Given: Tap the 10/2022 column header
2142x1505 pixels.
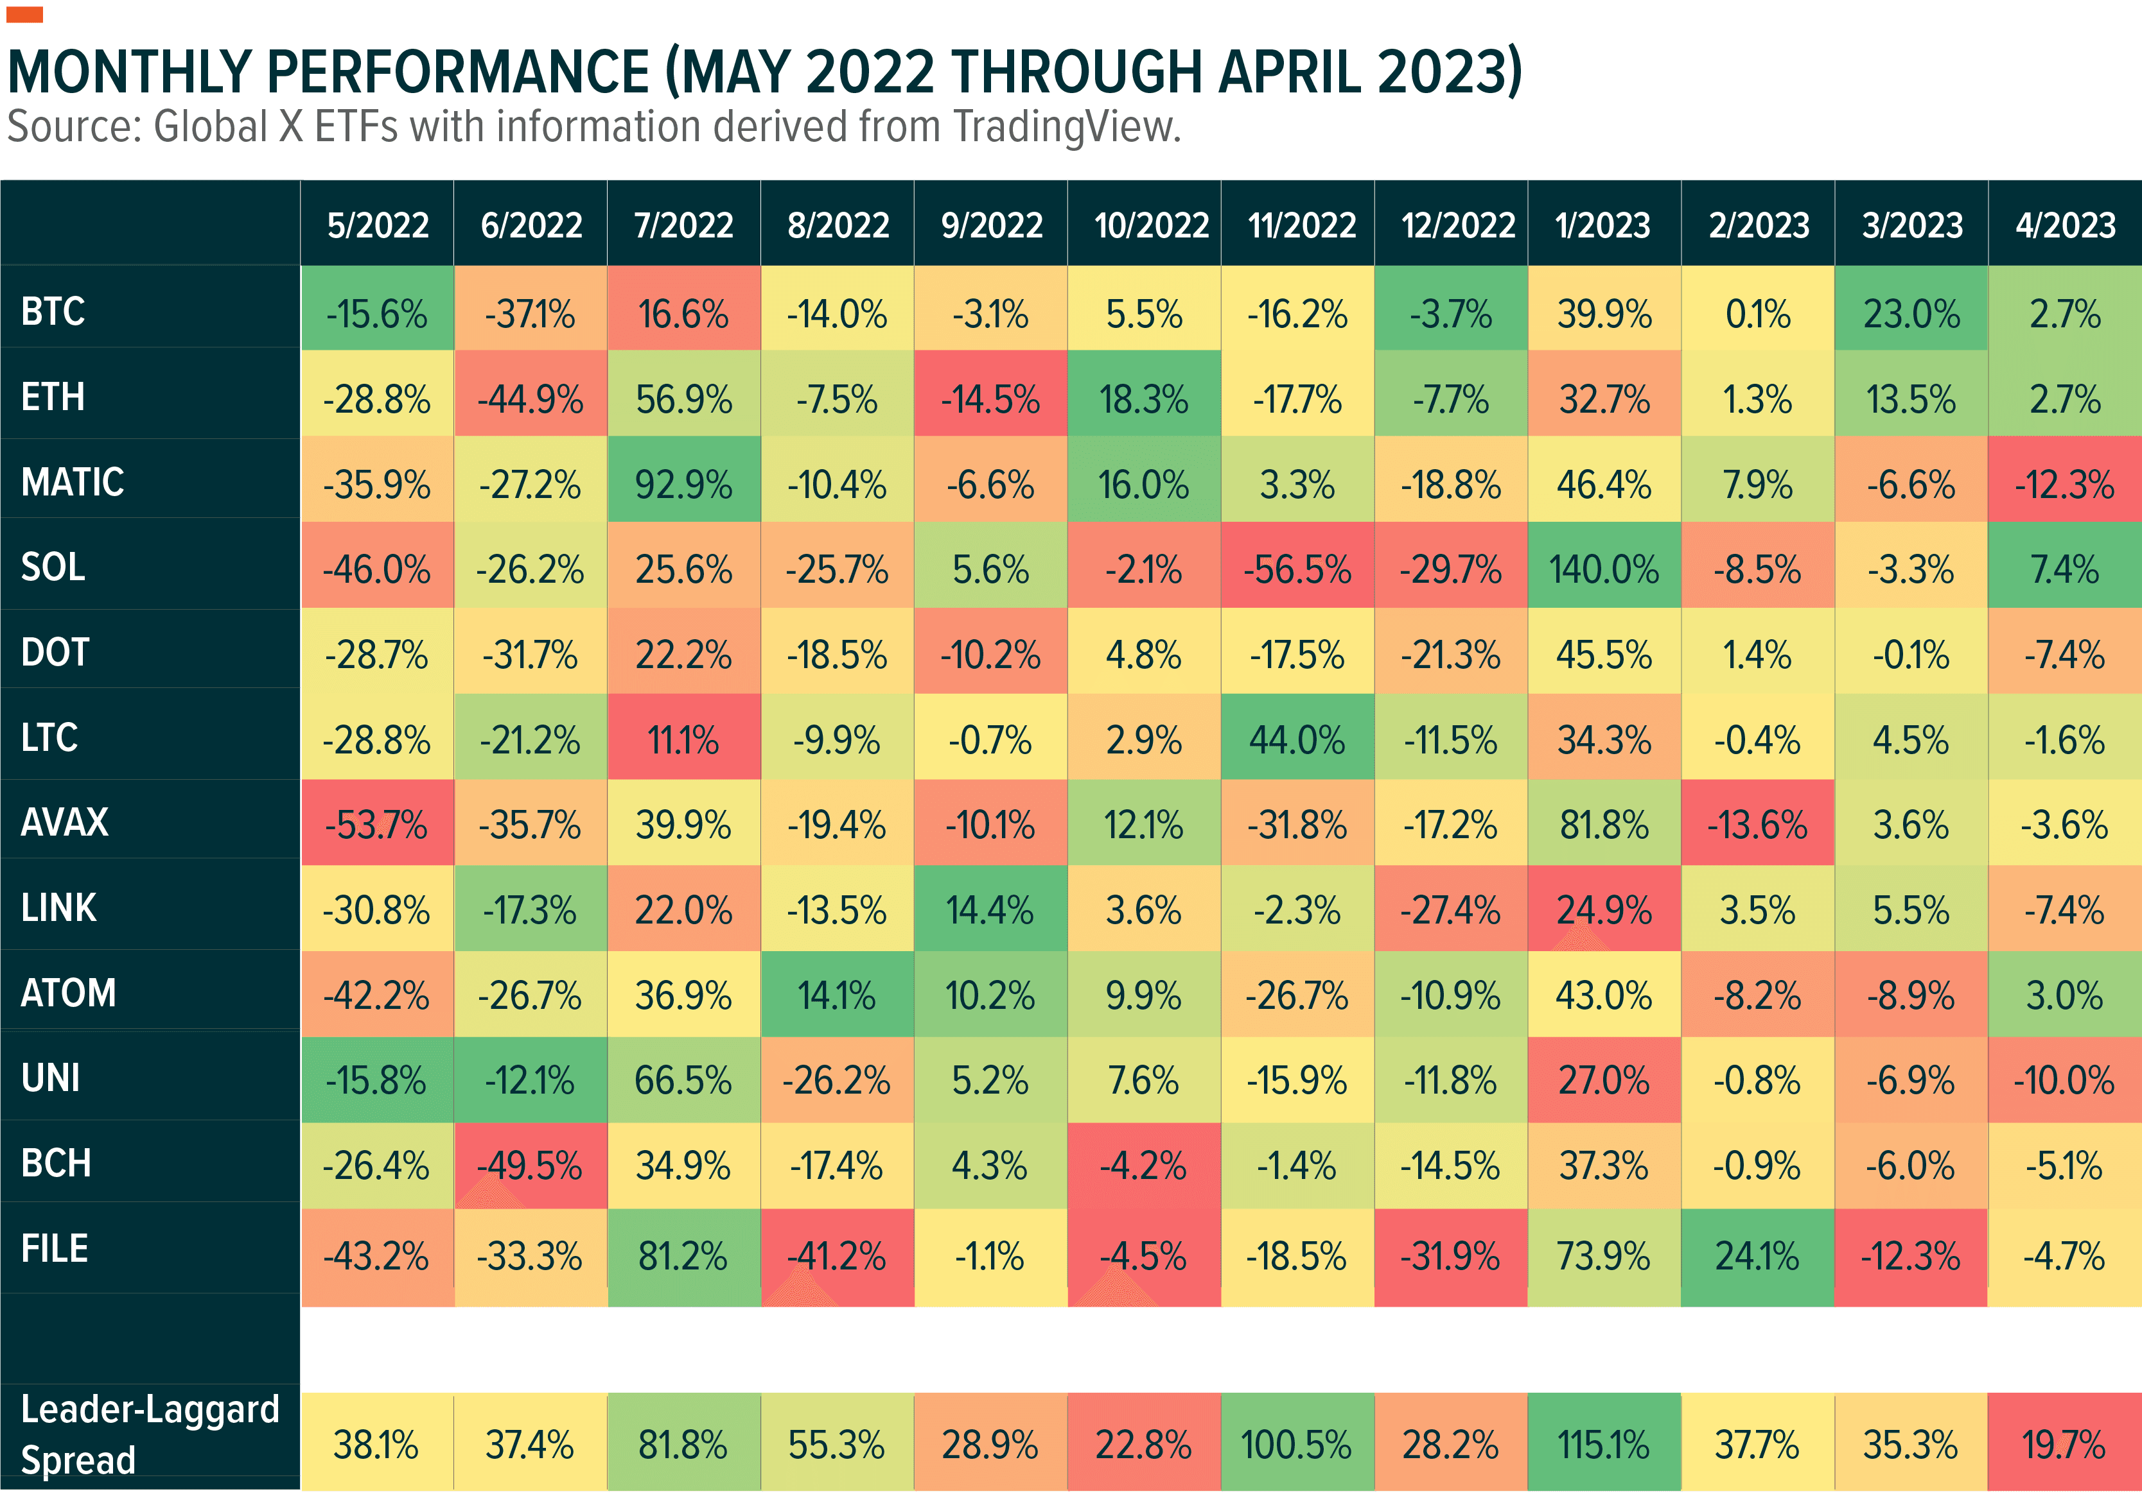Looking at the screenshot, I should [x=1150, y=225].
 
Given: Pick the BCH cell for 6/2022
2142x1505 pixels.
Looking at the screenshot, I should [x=530, y=1165].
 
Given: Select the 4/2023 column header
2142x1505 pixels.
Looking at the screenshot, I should [x=2064, y=225].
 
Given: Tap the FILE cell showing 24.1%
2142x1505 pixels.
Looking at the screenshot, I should [x=1757, y=1255].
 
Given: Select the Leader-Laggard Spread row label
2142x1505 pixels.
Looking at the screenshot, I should [x=149, y=1434].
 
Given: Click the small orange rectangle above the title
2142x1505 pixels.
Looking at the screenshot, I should [x=24, y=14].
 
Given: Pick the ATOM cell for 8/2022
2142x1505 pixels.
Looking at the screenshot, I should [x=837, y=995].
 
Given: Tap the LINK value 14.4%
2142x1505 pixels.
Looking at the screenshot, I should [x=990, y=910].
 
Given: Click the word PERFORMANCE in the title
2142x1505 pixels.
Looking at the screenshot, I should [x=457, y=72].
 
